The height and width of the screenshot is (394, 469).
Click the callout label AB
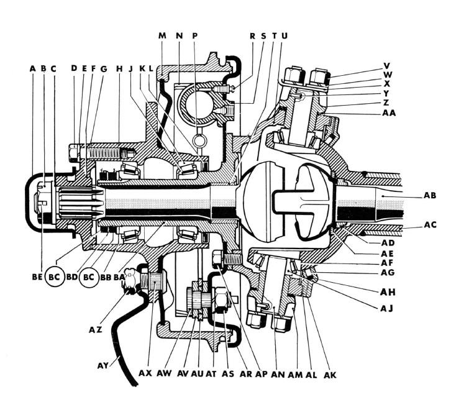[430, 196]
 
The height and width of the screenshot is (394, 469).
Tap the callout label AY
[104, 365]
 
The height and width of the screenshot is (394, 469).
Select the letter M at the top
[162, 35]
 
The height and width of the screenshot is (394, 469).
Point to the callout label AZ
[96, 330]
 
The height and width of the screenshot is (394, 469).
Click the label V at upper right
[387, 65]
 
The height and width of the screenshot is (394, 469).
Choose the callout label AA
[389, 112]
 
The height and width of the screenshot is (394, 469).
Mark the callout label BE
[37, 277]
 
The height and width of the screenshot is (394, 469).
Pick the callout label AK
[330, 375]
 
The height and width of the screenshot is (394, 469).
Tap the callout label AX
[145, 373]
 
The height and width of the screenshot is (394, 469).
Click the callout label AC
[430, 224]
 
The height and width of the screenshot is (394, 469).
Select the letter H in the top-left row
[119, 69]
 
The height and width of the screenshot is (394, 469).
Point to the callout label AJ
[386, 308]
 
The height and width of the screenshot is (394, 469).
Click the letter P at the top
[195, 35]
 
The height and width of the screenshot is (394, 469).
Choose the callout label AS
[228, 373]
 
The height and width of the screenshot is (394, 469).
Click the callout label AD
[388, 243]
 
